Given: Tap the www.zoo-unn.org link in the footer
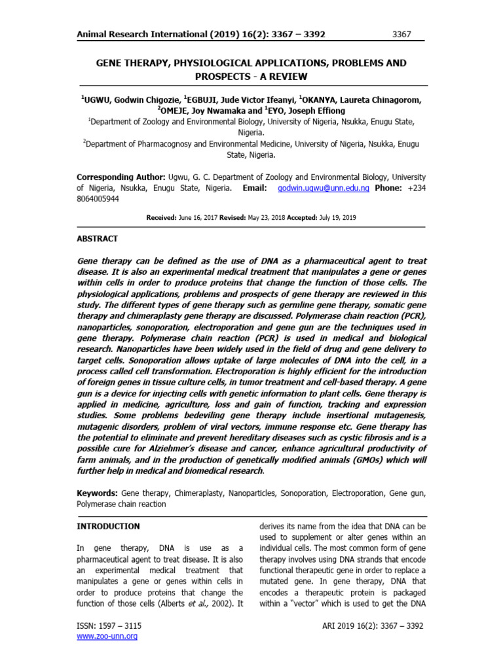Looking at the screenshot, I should tap(107, 636).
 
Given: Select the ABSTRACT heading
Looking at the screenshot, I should tap(98, 239).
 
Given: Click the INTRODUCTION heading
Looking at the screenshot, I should tap(108, 526).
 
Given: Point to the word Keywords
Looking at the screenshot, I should tap(97, 492).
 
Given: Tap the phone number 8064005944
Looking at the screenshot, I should tap(98, 199).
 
